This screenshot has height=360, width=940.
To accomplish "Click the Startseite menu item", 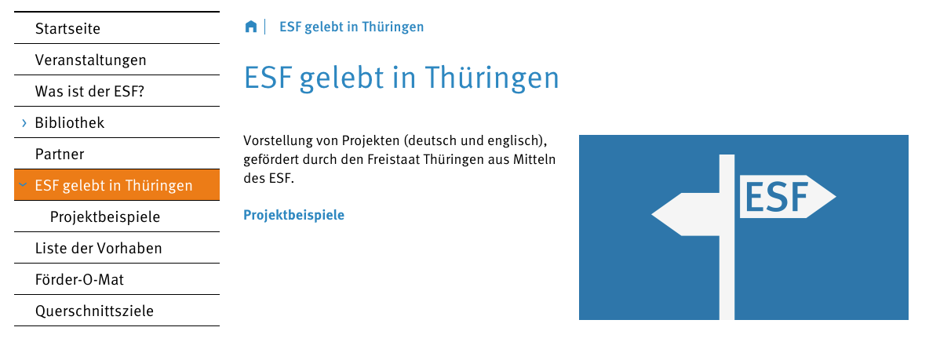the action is [x=67, y=28].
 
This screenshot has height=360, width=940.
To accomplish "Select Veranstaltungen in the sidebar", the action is [x=90, y=60].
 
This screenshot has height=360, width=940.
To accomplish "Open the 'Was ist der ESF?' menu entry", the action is [x=90, y=91].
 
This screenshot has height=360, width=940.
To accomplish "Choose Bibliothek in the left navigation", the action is [x=70, y=123].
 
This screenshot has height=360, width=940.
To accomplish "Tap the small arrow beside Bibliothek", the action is [x=24, y=123].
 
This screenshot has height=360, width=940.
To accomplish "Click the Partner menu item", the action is [x=60, y=154].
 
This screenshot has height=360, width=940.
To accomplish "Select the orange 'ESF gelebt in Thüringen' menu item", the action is [x=117, y=185].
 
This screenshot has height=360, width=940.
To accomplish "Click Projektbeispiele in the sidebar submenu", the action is [x=105, y=216].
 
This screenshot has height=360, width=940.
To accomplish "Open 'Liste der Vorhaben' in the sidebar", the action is [x=99, y=248].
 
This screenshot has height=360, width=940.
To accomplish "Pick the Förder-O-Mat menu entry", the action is [x=80, y=279].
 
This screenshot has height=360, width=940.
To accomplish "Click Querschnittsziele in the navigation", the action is [x=95, y=311].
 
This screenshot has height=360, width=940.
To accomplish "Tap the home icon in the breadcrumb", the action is [x=251, y=27].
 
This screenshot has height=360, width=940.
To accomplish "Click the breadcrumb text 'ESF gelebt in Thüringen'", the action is [x=352, y=27].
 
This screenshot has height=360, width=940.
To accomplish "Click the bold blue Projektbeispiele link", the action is [x=293, y=215].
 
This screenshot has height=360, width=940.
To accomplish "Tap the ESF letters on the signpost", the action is [x=777, y=197].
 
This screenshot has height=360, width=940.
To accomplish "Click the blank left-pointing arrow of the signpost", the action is [x=685, y=214].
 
